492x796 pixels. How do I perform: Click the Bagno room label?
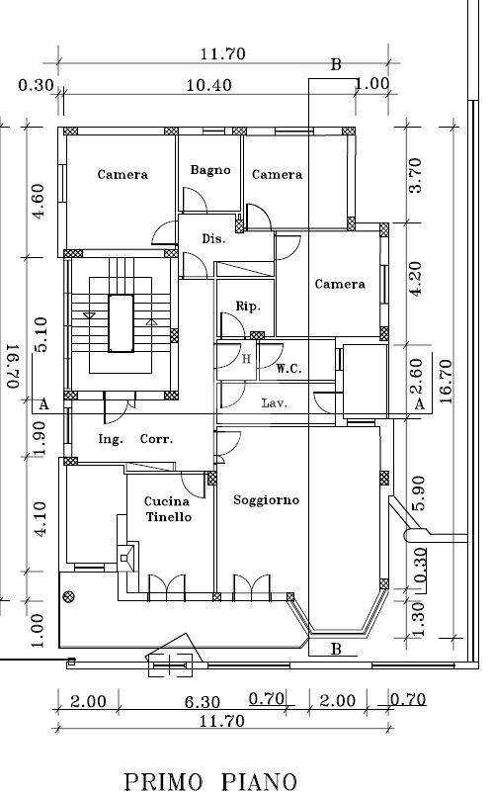210,170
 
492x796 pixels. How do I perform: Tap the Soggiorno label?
267,500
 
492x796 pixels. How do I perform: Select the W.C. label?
288,369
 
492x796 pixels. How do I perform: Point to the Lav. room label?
275,403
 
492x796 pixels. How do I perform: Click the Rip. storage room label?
248,307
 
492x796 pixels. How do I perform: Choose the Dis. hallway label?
213,238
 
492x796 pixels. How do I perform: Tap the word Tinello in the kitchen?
169,517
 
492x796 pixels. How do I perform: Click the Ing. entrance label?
111,440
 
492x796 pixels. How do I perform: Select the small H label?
247,359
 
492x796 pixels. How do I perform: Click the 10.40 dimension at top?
209,85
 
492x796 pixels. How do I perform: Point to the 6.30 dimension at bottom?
202,702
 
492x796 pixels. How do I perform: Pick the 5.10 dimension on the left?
41,334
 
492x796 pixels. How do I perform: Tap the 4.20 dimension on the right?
415,279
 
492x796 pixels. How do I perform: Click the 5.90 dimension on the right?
419,493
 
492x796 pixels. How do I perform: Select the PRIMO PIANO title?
210,782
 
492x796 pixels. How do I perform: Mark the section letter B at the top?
336,65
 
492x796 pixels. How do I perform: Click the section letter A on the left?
44,404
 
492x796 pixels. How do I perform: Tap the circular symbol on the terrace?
68,596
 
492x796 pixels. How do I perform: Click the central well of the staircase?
122,323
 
